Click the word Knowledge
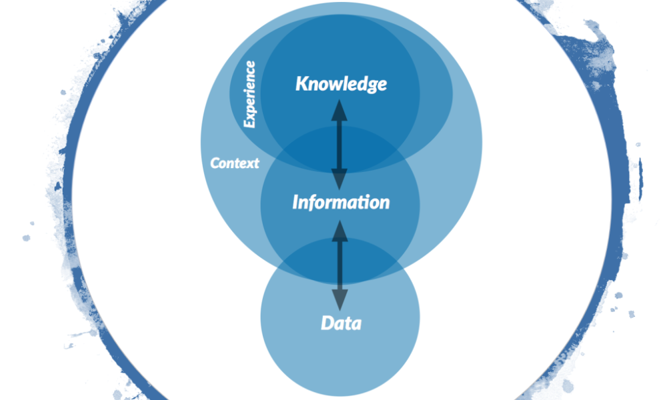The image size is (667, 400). pyautogui.click(x=341, y=85)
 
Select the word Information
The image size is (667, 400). pyautogui.click(x=341, y=202)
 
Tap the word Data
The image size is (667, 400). pyautogui.click(x=341, y=324)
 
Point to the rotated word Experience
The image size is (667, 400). pyautogui.click(x=249, y=94)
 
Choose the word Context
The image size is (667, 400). pyautogui.click(x=235, y=163)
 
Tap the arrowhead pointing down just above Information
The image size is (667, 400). pyautogui.click(x=340, y=179)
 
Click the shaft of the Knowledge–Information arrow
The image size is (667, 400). pyautogui.click(x=340, y=143)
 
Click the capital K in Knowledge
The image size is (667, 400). pyautogui.click(x=301, y=84)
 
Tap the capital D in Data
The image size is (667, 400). pyautogui.click(x=327, y=324)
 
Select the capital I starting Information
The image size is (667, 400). pyautogui.click(x=295, y=202)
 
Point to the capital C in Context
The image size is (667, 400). pyautogui.click(x=215, y=163)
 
